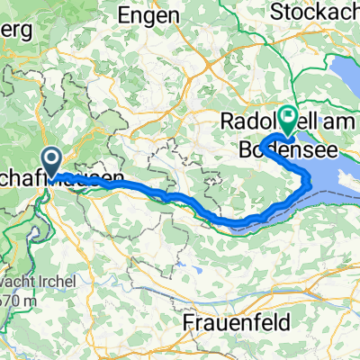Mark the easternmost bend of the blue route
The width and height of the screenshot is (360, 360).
pyautogui.click(x=311, y=184)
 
